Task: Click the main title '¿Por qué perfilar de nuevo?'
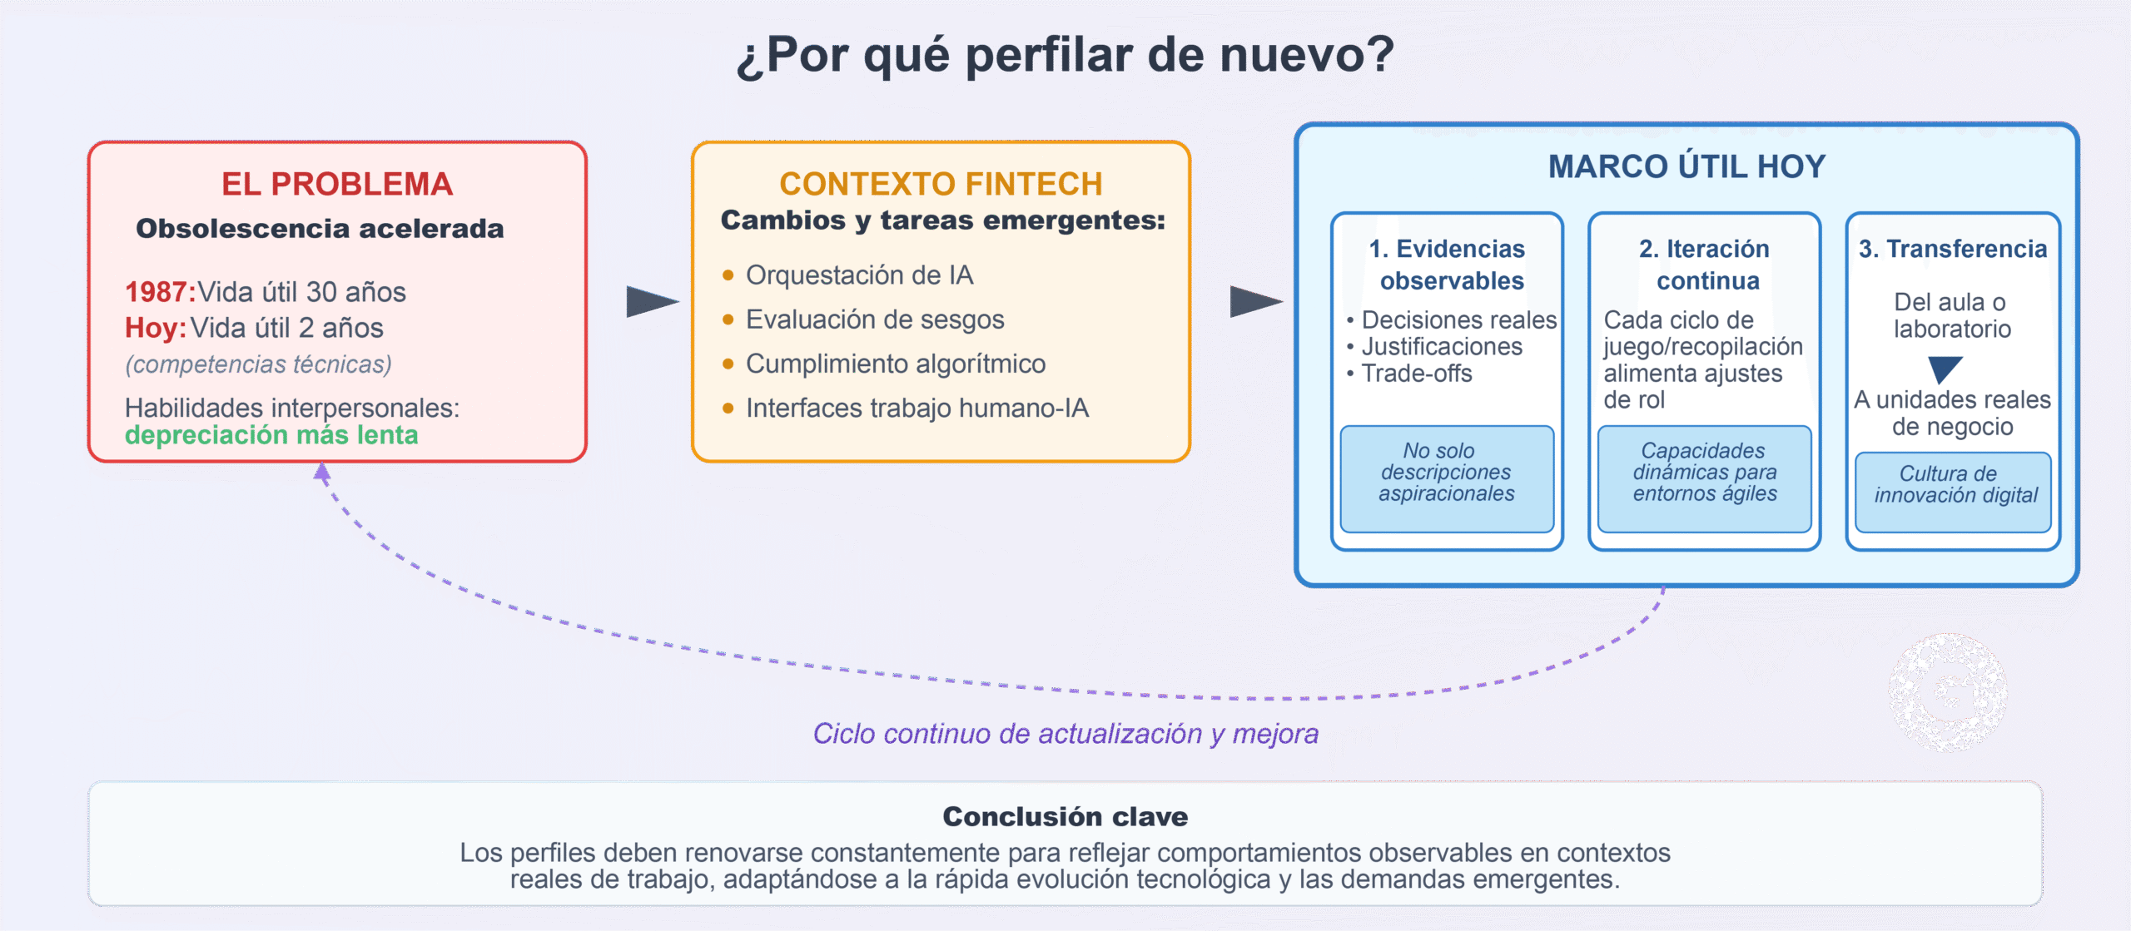click(1065, 55)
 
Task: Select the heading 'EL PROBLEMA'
click(337, 184)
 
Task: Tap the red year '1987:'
click(161, 292)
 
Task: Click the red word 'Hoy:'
click(156, 328)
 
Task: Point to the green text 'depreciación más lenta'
click(271, 435)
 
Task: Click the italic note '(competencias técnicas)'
click(258, 364)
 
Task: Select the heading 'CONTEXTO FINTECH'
click(941, 184)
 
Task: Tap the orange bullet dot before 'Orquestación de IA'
click(728, 275)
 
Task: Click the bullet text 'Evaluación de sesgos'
click(875, 319)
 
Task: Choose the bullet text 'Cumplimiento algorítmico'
click(896, 364)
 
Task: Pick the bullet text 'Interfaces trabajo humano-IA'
click(917, 408)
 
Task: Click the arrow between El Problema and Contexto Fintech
click(653, 301)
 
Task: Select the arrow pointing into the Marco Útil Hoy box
click(1256, 301)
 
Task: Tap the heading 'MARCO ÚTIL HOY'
click(1687, 166)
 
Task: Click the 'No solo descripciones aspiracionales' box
click(1447, 478)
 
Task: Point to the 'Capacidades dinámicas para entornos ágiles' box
click(1705, 478)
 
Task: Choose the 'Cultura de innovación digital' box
click(1953, 492)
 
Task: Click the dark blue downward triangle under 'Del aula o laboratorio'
click(1945, 368)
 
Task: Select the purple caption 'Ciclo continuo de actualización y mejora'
click(1065, 734)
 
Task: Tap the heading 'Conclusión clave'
click(1065, 817)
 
